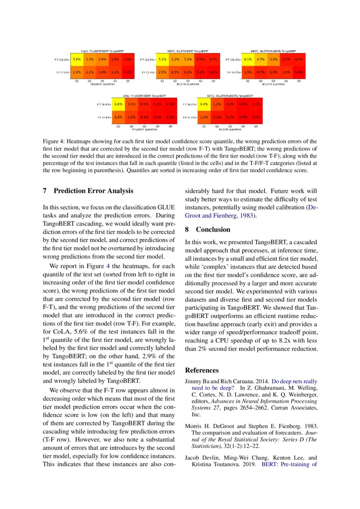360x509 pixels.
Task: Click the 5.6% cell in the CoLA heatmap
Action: tap(77, 59)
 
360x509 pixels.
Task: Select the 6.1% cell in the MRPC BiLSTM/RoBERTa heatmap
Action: tap(248, 59)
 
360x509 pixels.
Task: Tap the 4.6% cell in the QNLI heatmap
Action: tap(118, 104)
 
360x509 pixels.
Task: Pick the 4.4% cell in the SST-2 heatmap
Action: tap(204, 104)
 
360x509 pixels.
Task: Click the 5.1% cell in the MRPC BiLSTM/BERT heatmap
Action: tap(162, 59)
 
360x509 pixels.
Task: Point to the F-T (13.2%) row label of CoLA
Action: tap(60, 59)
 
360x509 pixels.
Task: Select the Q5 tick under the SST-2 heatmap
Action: tap(256, 126)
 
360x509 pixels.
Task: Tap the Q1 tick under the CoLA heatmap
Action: tap(77, 81)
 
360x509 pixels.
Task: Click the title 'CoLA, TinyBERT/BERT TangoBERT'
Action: tap(102, 51)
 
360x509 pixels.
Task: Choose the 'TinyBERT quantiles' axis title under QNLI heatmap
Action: tap(144, 129)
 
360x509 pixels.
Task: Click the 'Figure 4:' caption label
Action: tap(54, 142)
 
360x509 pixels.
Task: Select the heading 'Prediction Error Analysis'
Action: tap(93, 191)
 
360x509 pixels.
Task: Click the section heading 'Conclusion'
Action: tap(213, 229)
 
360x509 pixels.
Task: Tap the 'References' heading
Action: tap(202, 371)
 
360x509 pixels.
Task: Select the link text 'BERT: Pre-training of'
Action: tap(289, 464)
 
